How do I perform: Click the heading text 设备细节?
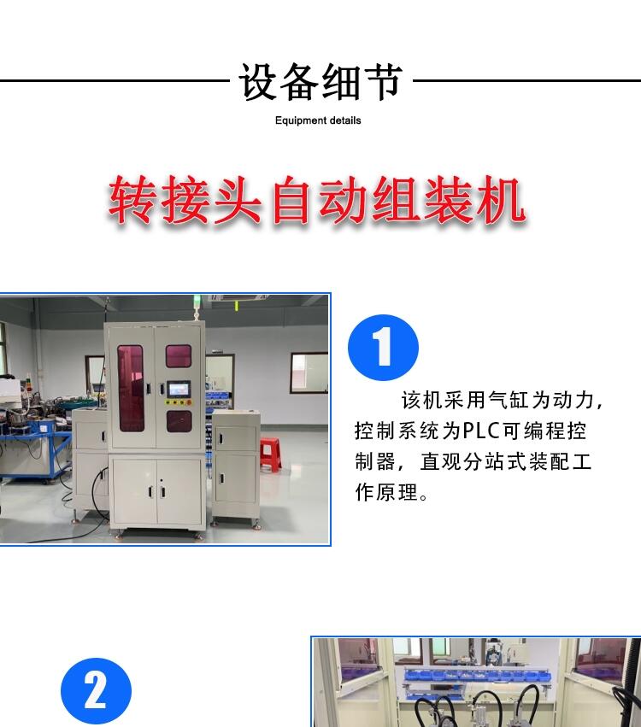point(320,82)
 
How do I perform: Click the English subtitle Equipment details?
point(318,120)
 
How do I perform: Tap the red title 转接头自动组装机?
point(317,200)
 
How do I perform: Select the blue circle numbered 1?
point(383,348)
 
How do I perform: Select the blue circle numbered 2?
point(96,691)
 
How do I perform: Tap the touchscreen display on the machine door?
point(179,389)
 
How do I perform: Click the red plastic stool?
point(270,454)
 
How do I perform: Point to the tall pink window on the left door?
point(131,388)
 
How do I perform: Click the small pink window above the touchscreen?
point(179,355)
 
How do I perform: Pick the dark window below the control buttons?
point(179,421)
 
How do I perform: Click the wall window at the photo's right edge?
point(309,373)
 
